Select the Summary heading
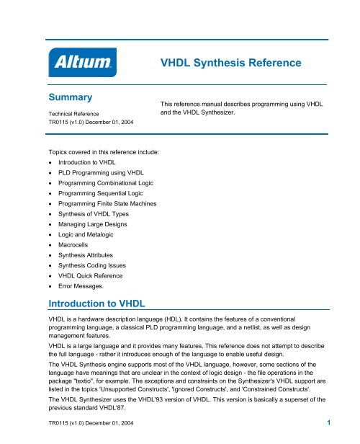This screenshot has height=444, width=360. pos(73,97)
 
